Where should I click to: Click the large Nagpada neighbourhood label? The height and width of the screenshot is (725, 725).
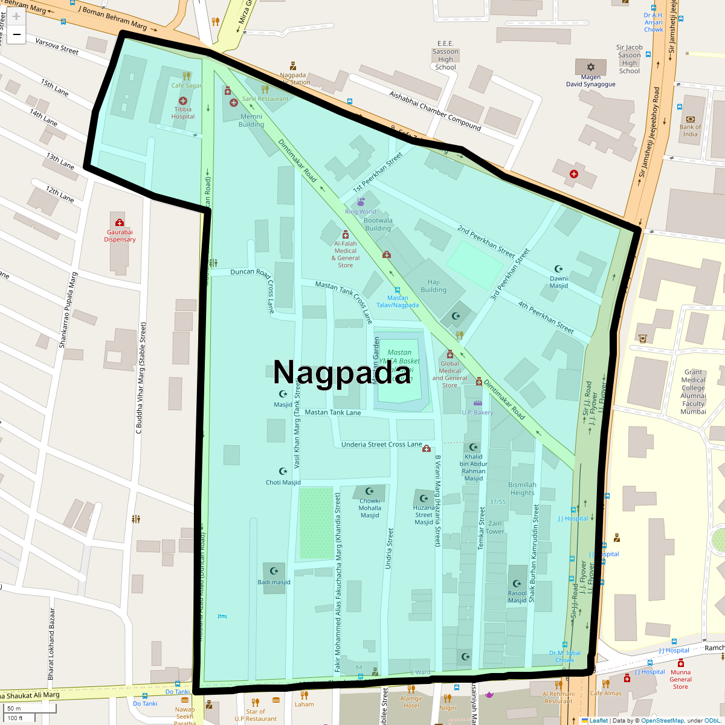(342, 373)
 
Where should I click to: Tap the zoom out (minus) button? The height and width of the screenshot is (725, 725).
(16, 34)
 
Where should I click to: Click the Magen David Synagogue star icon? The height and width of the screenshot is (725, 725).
(591, 66)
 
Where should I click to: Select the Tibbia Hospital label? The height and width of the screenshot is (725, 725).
(183, 113)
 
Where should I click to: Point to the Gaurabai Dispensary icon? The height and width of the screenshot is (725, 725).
(120, 222)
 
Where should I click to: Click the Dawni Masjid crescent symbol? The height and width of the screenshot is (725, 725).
(558, 269)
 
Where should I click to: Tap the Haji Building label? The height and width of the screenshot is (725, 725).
(433, 286)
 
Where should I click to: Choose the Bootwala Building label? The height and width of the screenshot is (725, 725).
(378, 224)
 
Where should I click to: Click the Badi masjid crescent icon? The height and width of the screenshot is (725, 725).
(274, 571)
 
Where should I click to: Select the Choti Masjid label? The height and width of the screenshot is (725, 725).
(283, 482)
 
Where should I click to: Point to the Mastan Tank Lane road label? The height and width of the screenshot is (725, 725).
(333, 413)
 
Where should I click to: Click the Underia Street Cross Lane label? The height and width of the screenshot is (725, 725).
(381, 445)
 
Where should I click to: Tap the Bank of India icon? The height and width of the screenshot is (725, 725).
(691, 120)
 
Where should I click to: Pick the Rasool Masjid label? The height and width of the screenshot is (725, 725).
(517, 596)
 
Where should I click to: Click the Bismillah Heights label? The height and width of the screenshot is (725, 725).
(522, 488)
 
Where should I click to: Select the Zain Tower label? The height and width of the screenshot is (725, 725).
(495, 527)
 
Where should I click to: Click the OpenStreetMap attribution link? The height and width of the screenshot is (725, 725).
(662, 720)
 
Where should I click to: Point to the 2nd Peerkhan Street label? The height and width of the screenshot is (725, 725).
(486, 241)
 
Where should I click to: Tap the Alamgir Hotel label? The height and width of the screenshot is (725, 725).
(411, 702)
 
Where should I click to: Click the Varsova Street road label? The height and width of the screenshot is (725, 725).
(57, 47)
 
